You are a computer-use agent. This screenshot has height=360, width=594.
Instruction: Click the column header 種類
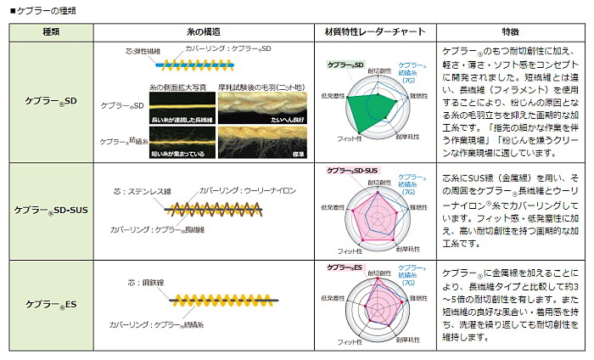pyautogui.click(x=51, y=31)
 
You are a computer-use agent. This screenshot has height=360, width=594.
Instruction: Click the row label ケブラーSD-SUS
pyautogui.click(x=51, y=210)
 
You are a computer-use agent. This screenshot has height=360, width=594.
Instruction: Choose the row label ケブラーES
pyautogui.click(x=51, y=303)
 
